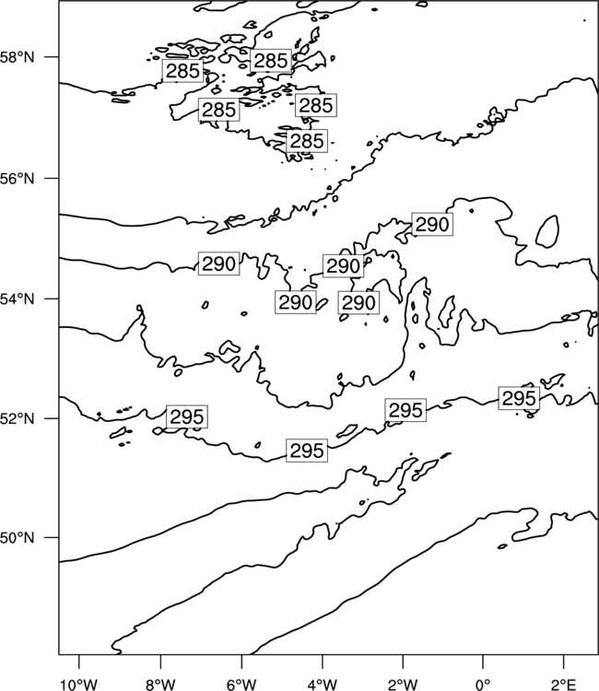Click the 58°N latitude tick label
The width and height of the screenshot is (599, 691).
(x=18, y=57)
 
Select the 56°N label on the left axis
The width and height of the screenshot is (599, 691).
(x=18, y=179)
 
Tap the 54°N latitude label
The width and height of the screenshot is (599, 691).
(x=18, y=299)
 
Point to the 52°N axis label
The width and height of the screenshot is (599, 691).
(x=18, y=418)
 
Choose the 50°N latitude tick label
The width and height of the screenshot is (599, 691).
(x=18, y=538)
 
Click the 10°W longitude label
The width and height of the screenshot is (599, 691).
(x=79, y=684)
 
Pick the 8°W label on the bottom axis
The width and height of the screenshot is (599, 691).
(x=160, y=684)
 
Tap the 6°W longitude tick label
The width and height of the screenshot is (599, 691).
(x=241, y=684)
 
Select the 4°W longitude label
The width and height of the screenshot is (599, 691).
(x=323, y=684)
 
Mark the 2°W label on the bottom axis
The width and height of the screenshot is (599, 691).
(x=403, y=684)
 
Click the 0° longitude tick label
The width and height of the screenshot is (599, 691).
(x=483, y=684)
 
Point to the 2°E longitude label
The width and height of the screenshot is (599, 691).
(x=564, y=684)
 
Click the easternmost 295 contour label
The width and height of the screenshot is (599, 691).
(x=519, y=398)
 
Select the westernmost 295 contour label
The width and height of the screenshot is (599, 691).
(x=187, y=416)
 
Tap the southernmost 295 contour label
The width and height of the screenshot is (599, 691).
(x=307, y=451)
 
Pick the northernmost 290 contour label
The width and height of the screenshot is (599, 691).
(x=432, y=224)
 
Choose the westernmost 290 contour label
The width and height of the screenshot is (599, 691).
(x=218, y=264)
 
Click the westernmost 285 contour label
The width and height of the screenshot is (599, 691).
(x=182, y=71)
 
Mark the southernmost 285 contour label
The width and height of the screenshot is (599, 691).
(x=307, y=141)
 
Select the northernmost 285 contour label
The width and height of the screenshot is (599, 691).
(x=271, y=61)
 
